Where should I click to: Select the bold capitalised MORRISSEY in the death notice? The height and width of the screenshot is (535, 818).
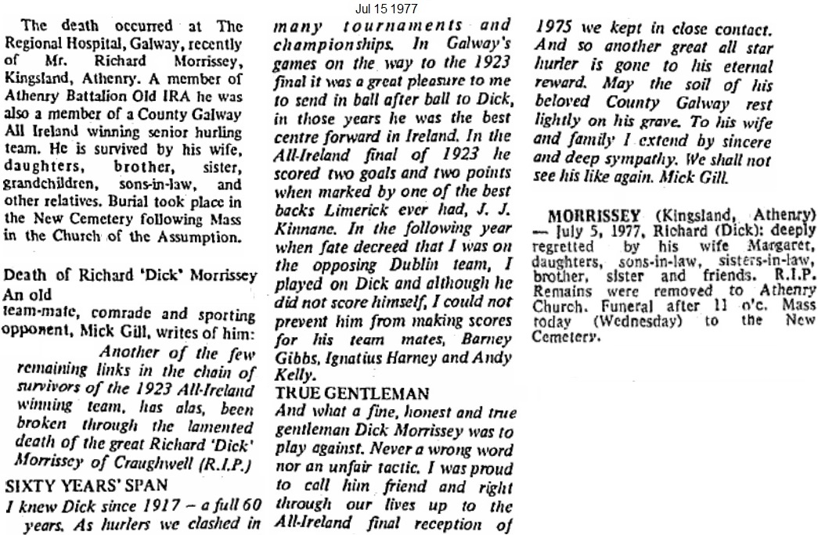point(596,215)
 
